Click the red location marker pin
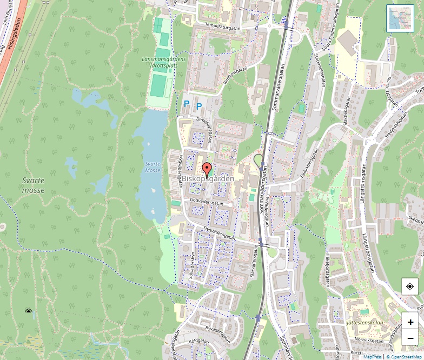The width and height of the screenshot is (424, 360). click(207, 169)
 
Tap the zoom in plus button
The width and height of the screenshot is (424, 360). click(410, 322)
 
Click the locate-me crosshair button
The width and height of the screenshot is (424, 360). click(410, 286)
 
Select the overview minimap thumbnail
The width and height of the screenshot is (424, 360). click(400, 18)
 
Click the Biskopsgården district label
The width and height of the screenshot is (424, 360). click(208, 179)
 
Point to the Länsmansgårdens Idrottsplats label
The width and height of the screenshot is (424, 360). click(163, 62)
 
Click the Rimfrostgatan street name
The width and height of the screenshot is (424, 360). click(234, 75)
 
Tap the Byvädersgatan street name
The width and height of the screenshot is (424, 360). click(217, 334)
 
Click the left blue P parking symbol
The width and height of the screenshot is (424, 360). click(187, 103)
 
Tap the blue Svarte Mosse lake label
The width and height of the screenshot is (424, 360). click(153, 167)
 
